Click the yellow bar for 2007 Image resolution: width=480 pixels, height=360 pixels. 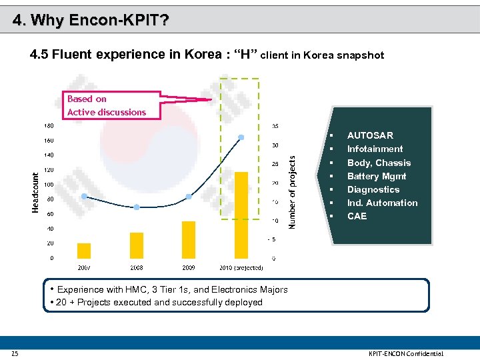pyautogui.click(x=84, y=251)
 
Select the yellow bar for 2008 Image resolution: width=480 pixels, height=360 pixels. pyautogui.click(x=137, y=245)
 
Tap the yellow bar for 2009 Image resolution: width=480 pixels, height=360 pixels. pyautogui.click(x=189, y=240)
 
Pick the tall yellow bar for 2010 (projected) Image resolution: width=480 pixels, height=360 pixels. pyautogui.click(x=241, y=215)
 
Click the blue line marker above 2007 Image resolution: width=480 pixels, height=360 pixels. pyautogui.click(x=84, y=197)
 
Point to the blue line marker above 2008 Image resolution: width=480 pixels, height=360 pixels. pyautogui.click(x=137, y=207)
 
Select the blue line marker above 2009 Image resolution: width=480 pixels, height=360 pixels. pyautogui.click(x=189, y=197)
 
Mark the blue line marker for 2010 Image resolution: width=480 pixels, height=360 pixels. pyautogui.click(x=241, y=137)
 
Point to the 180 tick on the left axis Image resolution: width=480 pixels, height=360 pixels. pyautogui.click(x=49, y=125)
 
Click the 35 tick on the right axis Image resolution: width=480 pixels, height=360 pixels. pyautogui.click(x=275, y=125)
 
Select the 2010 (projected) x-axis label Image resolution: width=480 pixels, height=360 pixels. pyautogui.click(x=241, y=267)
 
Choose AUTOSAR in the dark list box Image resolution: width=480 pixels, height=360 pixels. pyautogui.click(x=370, y=135)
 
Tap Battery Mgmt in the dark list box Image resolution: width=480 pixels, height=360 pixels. pyautogui.click(x=377, y=176)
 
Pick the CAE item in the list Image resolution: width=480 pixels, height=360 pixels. pyautogui.click(x=357, y=216)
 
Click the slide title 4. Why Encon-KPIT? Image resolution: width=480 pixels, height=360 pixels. pyautogui.click(x=91, y=20)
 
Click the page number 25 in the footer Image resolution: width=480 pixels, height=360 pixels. pyautogui.click(x=15, y=353)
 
